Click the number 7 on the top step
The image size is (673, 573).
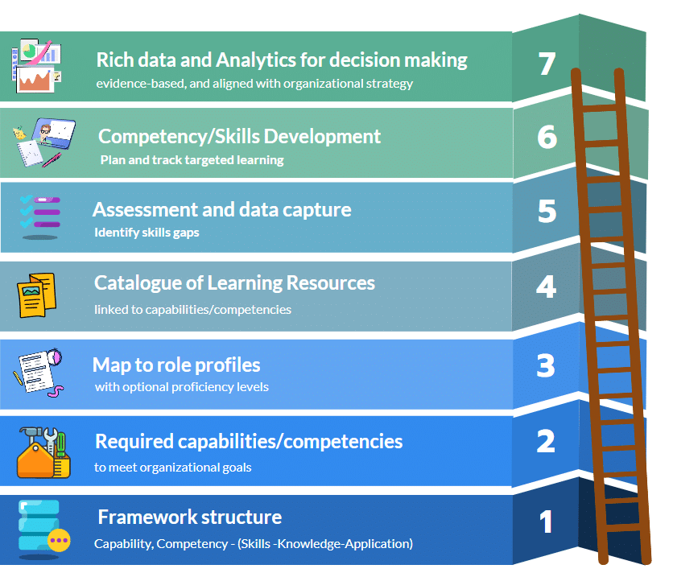pos(547,64)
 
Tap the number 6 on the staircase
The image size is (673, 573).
pos(547,138)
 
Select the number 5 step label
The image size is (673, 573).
pos(547,211)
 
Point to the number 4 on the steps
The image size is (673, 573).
pos(547,287)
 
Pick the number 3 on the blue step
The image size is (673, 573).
pos(546,366)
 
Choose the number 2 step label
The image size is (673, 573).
pos(546,441)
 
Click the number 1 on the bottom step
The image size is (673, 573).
pos(547,522)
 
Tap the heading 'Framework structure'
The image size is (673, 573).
pos(189,517)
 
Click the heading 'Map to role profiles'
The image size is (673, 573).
pos(176,365)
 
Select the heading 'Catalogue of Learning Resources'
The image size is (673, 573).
pos(234,283)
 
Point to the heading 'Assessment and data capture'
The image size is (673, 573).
pos(221,209)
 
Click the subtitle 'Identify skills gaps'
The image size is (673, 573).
pos(147,233)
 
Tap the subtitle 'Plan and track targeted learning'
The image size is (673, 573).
pos(192,159)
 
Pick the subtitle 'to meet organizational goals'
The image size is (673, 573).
pos(173,467)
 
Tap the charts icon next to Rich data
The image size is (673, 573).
pos(35,66)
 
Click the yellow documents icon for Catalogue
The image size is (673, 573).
pos(37,295)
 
